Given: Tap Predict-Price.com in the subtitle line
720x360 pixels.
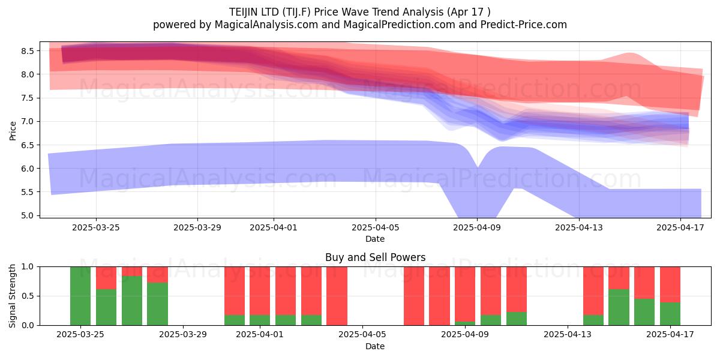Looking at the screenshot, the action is point(524,25).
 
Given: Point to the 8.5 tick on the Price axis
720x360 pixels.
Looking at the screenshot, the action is point(28,51).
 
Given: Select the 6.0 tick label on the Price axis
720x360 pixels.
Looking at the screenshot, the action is point(28,169).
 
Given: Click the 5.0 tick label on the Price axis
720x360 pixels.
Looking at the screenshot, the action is point(28,215).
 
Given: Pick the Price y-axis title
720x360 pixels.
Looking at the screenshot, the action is point(13,131).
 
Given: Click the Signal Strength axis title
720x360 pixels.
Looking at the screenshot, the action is point(12,296).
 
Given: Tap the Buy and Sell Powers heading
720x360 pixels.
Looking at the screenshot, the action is point(375,257).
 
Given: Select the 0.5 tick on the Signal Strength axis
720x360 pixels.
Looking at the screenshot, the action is point(28,296).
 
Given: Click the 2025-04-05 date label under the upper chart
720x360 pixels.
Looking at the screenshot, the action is point(375,227).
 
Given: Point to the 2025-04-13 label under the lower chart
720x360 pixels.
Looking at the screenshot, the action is point(568,335).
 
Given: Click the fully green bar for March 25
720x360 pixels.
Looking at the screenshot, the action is point(80,296).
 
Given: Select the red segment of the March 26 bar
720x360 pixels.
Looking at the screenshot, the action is point(106,278).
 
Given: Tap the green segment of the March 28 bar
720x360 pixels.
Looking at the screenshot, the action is point(157,304).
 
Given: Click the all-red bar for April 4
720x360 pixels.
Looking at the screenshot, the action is point(337,296).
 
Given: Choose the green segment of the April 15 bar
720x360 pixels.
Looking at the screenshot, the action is point(619,307).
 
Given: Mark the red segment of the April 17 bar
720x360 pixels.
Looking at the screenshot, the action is point(670,284).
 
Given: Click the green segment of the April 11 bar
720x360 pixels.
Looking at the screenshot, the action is point(517,319).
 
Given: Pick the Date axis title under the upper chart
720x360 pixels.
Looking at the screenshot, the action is point(375,239).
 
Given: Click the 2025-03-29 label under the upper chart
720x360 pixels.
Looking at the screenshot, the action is point(197,227).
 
